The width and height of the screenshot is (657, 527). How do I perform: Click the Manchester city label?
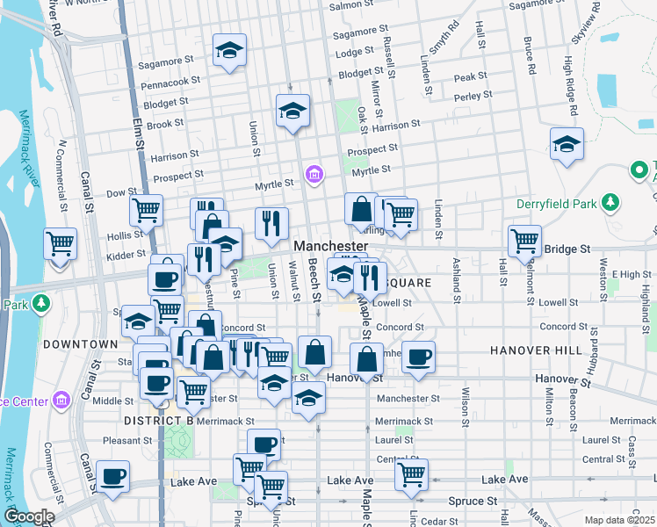click(331, 246)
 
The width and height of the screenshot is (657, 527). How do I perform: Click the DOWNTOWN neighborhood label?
click(81, 343)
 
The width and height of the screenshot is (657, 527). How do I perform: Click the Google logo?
click(28, 516)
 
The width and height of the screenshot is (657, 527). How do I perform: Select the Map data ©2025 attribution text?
click(620, 520)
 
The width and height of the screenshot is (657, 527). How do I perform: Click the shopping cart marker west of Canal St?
click(60, 243)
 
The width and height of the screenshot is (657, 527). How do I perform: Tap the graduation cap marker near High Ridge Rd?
click(567, 144)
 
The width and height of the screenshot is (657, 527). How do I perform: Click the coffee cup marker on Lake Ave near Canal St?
click(112, 476)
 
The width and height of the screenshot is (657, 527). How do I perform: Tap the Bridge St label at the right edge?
click(567, 249)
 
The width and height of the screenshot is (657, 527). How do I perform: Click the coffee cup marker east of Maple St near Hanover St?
click(419, 357)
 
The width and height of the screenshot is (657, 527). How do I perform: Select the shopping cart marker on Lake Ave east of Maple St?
click(411, 474)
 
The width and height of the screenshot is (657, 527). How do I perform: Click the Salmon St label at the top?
click(346, 6)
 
